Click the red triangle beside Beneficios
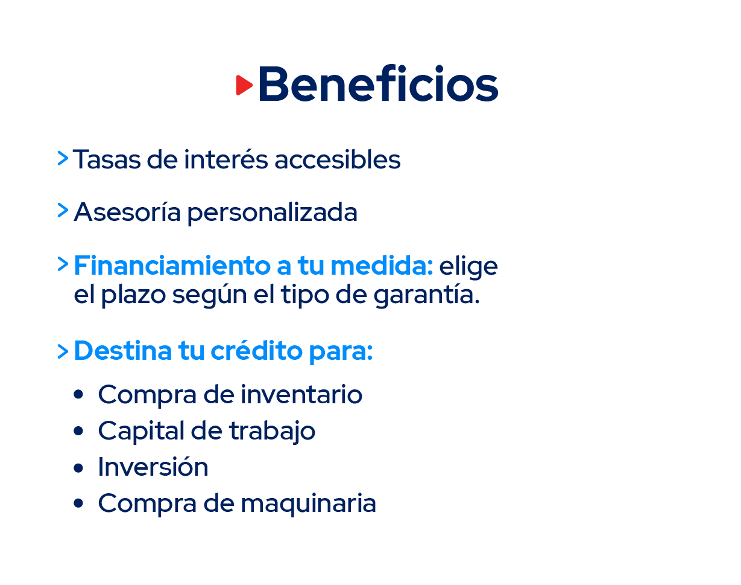pyautogui.click(x=244, y=85)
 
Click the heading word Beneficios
pyautogui.click(x=379, y=83)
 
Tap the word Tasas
pyautogui.click(x=107, y=159)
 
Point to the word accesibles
pyautogui.click(x=338, y=159)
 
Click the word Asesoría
pyautogui.click(x=127, y=211)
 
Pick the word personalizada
pyautogui.click(x=273, y=213)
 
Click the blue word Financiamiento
pyautogui.click(x=172, y=266)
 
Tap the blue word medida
pyautogui.click(x=382, y=266)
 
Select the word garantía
pyautogui.click(x=427, y=295)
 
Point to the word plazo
pyautogui.click(x=133, y=295)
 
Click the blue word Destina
pyautogui.click(x=123, y=351)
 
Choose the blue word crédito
pyautogui.click(x=256, y=350)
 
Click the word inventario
pyautogui.click(x=301, y=394)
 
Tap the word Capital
pyautogui.click(x=141, y=431)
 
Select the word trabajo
pyautogui.click(x=273, y=431)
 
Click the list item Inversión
pyautogui.click(x=153, y=467)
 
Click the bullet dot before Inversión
pyautogui.click(x=78, y=468)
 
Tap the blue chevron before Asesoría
pyautogui.click(x=63, y=210)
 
